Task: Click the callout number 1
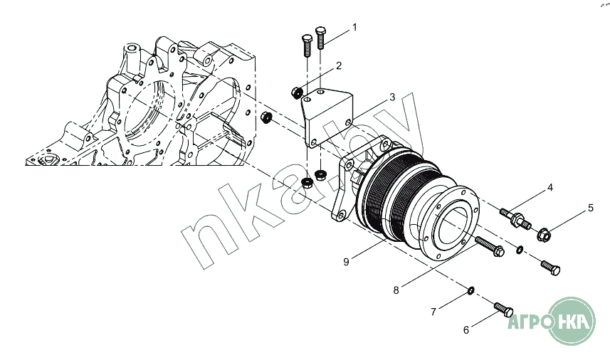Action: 354,27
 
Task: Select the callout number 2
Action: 339,65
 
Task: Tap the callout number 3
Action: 391,97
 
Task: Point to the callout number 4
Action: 549,189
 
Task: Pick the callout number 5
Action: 590,208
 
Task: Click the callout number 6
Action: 466,329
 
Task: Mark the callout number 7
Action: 432,311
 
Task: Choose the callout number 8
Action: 396,290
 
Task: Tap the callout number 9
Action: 346,261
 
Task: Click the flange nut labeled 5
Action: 543,231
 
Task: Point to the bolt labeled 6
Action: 503,309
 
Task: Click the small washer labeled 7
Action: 470,290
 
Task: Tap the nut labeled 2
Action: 297,92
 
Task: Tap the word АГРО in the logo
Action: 527,322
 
